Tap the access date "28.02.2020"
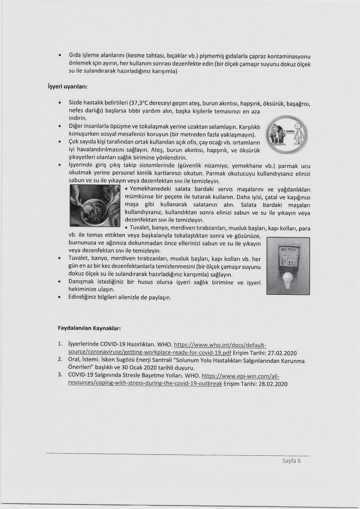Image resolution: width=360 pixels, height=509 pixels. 269,384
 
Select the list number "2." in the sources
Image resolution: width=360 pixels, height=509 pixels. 60,360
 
